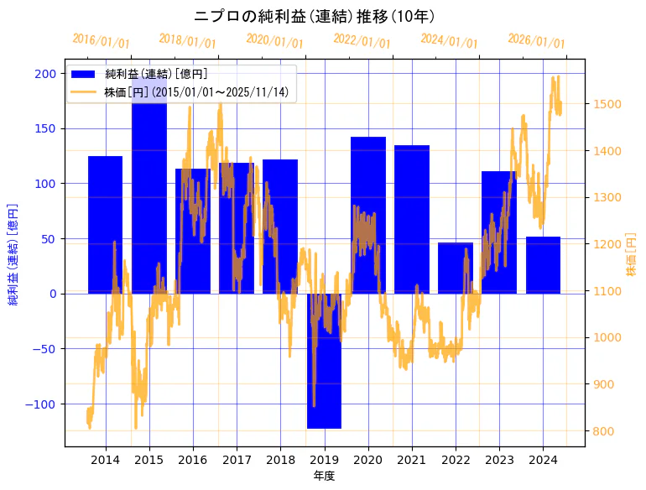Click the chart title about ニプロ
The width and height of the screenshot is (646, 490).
tap(314, 16)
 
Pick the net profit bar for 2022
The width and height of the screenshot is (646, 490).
tap(456, 268)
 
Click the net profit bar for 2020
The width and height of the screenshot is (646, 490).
tap(368, 215)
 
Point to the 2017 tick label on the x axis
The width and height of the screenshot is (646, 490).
tap(237, 460)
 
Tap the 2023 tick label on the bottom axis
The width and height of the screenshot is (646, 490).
tap(499, 460)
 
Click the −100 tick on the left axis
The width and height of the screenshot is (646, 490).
tap(44, 404)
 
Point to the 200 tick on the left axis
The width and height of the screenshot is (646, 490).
tap(46, 74)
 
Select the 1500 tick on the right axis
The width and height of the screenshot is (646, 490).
tap(607, 104)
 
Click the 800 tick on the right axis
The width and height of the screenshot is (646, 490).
tap(603, 431)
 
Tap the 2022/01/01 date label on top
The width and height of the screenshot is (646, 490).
tap(362, 41)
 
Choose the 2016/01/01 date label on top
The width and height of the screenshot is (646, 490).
tap(101, 41)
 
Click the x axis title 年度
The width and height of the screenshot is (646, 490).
tap(324, 476)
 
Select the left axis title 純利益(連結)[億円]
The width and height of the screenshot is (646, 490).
tap(13, 253)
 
